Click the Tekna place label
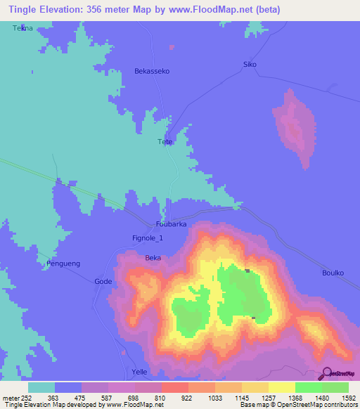pyautogui.click(x=22, y=27)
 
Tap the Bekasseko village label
pyautogui.click(x=152, y=71)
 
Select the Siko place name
pyautogui.click(x=250, y=65)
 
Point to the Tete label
pyautogui.click(x=165, y=142)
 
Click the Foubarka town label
pyautogui.click(x=171, y=223)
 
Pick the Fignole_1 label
pyautogui.click(x=148, y=238)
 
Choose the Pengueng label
pyautogui.click(x=63, y=264)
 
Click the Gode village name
pyautogui.click(x=103, y=281)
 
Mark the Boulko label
pyautogui.click(x=333, y=273)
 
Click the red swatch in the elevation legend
pyautogui.click(x=174, y=387)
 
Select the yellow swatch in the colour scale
pyautogui.click(x=281, y=387)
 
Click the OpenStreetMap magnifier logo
pyautogui.click(x=325, y=374)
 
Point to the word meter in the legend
pyautogui.click(x=10, y=397)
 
